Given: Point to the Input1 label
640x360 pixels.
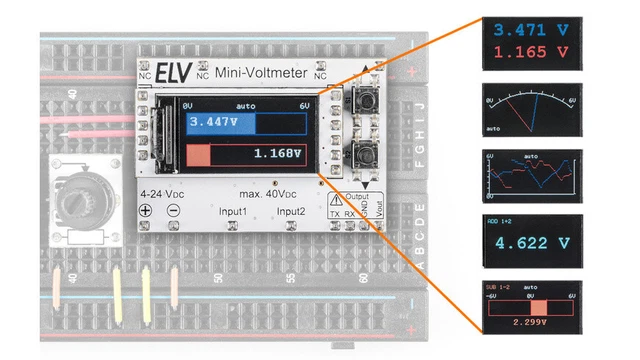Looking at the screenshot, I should (235, 212).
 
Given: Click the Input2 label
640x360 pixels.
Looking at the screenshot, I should (291, 212).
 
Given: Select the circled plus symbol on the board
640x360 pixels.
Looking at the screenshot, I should (145, 211).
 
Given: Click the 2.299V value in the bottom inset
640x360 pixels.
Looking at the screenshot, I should (530, 322).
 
